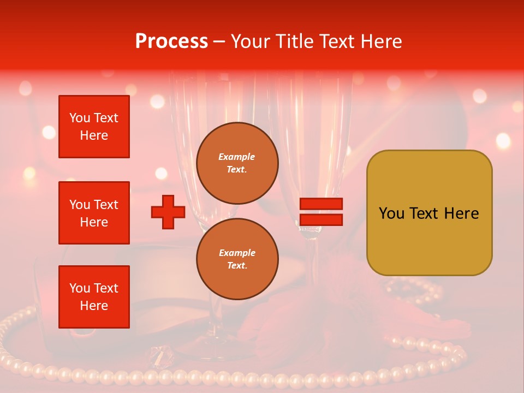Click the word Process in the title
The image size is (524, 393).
pyautogui.click(x=171, y=41)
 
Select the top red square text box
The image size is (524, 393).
pyautogui.click(x=94, y=127)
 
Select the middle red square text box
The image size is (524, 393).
pyautogui.click(x=94, y=213)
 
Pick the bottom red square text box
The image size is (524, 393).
pyautogui.click(x=94, y=297)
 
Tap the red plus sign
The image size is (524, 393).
pyautogui.click(x=168, y=212)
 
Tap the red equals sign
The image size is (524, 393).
pyautogui.click(x=321, y=212)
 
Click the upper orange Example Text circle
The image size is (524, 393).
pyautogui.click(x=237, y=163)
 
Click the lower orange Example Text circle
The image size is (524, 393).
pyautogui.click(x=237, y=259)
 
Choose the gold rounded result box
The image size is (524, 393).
pyautogui.click(x=429, y=213)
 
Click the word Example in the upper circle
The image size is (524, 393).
pyautogui.click(x=237, y=157)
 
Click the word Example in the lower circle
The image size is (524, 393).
pyautogui.click(x=237, y=253)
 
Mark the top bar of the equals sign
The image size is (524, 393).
pyautogui.click(x=321, y=204)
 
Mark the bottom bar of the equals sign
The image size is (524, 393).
pyautogui.click(x=321, y=219)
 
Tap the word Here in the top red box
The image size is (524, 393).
pyautogui.click(x=94, y=135)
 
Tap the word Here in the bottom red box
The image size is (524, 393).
pyautogui.click(x=94, y=306)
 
